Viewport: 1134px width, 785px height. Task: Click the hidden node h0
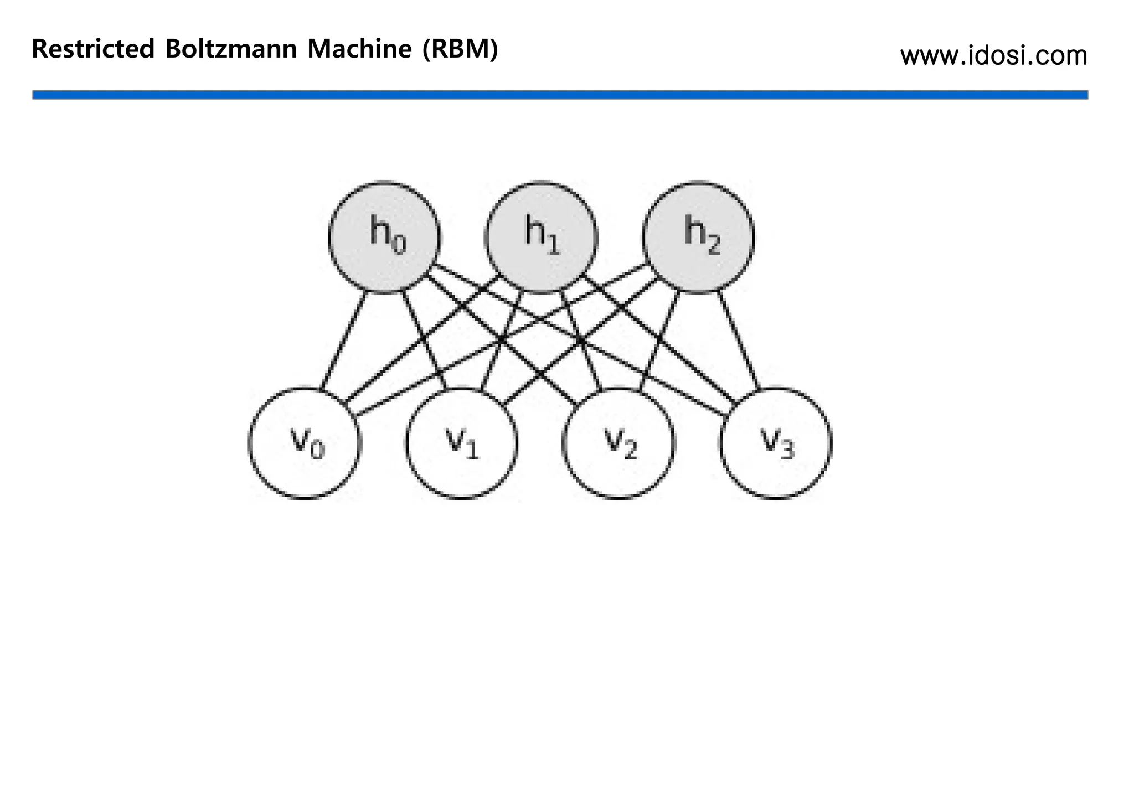click(384, 237)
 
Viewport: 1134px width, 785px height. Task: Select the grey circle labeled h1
click(542, 237)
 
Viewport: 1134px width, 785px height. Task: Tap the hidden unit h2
click(698, 237)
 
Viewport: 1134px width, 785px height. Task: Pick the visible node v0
click(305, 443)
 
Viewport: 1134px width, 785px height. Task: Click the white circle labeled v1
click(462, 443)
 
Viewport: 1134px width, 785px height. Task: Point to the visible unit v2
click(618, 443)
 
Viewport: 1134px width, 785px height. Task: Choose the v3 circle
click(776, 443)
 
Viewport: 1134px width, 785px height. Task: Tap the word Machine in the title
click(359, 49)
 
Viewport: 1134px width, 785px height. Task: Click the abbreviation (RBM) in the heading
click(460, 49)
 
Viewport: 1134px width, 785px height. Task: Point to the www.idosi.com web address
click(993, 56)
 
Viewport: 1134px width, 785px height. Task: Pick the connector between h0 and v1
click(424, 339)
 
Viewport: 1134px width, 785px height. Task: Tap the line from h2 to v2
click(659, 340)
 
